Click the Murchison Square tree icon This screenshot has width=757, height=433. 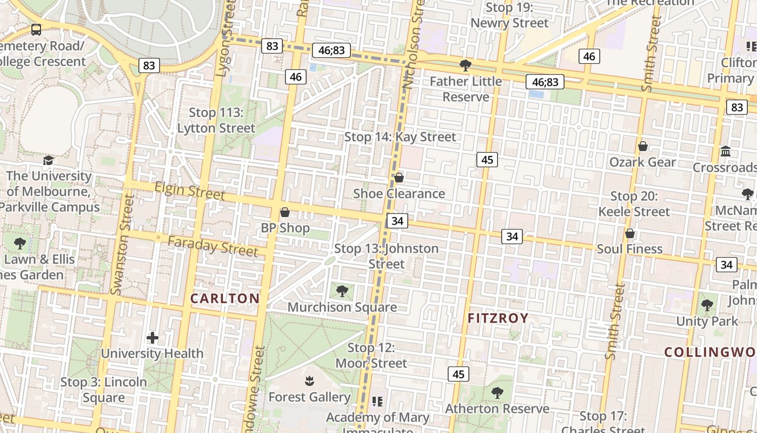click(x=342, y=291)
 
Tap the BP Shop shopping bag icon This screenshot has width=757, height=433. click(x=285, y=212)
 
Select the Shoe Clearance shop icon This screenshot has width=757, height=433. click(x=399, y=178)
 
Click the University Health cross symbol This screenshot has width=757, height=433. click(x=152, y=338)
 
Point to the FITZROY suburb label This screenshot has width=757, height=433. click(x=497, y=318)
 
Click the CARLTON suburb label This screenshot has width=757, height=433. click(x=225, y=298)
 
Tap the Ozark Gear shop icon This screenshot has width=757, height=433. click(x=643, y=146)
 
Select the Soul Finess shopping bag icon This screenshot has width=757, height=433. click(x=630, y=233)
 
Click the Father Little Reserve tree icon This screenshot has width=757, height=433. click(x=465, y=65)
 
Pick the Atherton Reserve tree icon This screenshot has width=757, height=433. click(x=497, y=392)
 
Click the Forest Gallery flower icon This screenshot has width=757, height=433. click(x=309, y=381)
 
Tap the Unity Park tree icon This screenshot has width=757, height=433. click(x=707, y=305)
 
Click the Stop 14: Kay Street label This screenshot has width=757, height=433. click(x=400, y=137)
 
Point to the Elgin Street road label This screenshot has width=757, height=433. click(x=189, y=191)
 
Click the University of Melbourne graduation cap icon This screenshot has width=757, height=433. click(x=48, y=160)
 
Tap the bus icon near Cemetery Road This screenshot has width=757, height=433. click(x=36, y=30)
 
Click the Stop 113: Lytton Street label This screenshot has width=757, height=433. click(x=216, y=120)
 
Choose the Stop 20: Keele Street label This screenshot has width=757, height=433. click(x=634, y=204)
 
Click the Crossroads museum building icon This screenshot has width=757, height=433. click(x=726, y=151)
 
